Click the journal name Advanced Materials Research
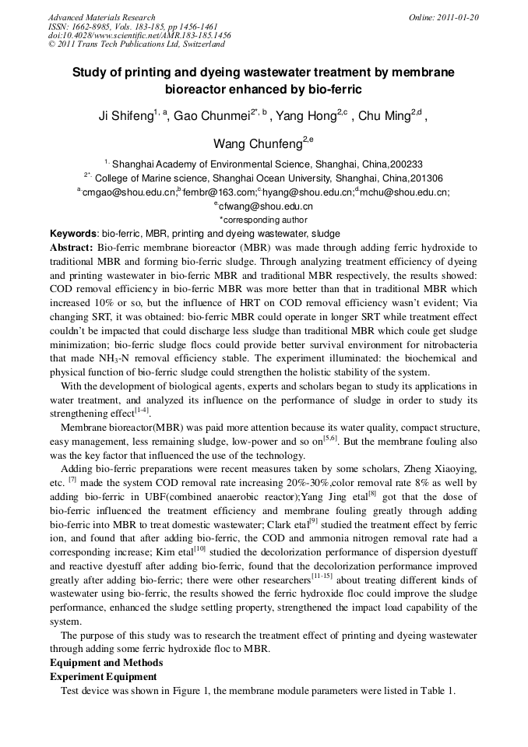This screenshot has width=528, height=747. click(x=101, y=17)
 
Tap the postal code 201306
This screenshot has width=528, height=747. click(x=425, y=178)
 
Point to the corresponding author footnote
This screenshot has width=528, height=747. click(x=263, y=220)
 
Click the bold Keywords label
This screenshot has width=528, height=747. click(x=73, y=234)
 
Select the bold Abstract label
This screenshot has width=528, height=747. click(x=72, y=247)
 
